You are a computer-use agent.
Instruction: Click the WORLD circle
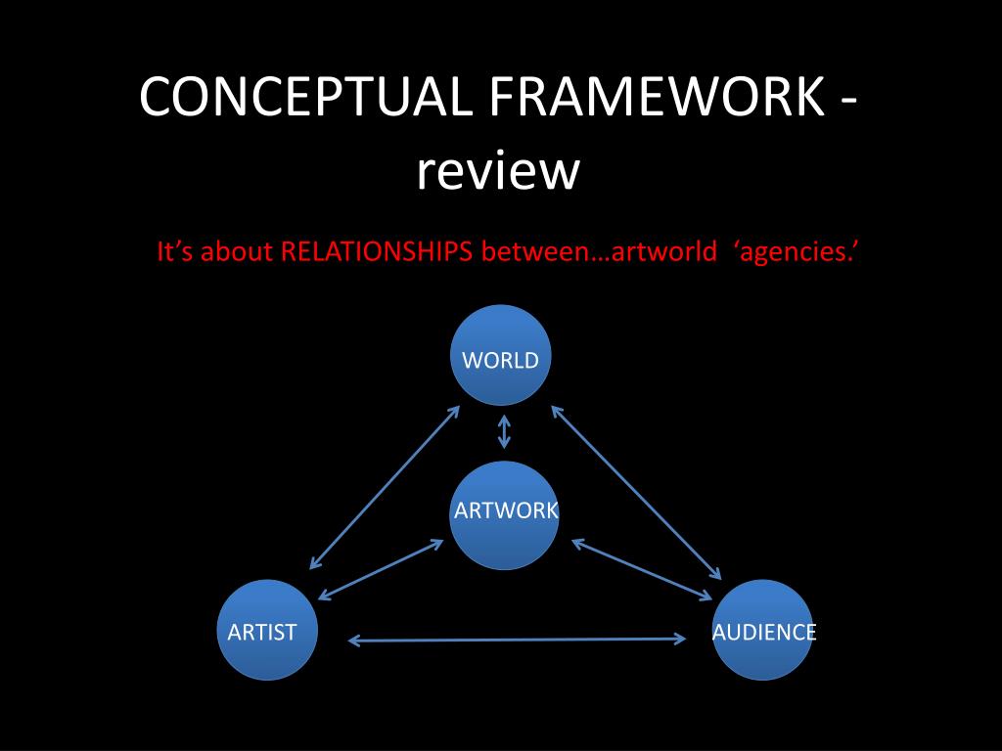pos(500,355)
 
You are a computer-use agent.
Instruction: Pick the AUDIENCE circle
pos(763,630)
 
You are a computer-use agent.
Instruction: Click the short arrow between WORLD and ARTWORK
pos(504,431)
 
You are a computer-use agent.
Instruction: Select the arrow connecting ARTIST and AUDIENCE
pos(517,641)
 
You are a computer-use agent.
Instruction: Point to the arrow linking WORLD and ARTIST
pos(385,487)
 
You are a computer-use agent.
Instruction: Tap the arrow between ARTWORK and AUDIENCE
pos(642,569)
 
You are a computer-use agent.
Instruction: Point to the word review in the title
pos(498,171)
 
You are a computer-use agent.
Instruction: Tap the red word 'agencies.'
pos(796,252)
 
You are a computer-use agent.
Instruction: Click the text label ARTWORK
pos(506,510)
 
